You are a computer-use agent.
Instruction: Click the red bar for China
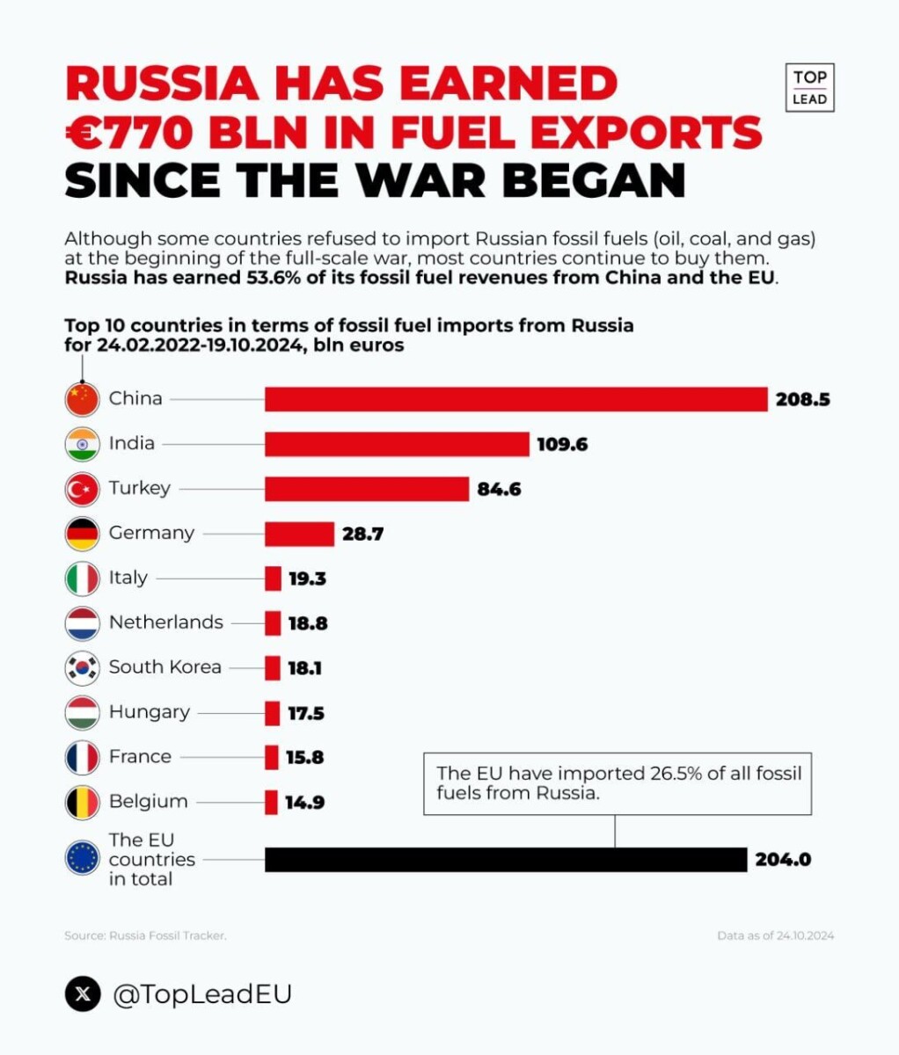coord(516,399)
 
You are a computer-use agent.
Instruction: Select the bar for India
coord(397,444)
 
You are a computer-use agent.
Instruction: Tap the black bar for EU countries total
coord(506,860)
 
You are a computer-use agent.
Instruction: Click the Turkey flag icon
coord(82,489)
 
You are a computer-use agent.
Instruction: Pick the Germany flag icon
coord(82,534)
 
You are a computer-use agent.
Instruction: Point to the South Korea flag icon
coord(82,668)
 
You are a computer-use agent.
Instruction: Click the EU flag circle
coord(82,858)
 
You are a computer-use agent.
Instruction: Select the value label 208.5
coord(802,400)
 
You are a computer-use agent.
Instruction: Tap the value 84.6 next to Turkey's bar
coord(499,490)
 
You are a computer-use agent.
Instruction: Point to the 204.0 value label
coord(783,861)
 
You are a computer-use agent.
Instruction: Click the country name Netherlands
coord(165,622)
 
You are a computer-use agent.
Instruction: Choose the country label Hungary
coord(149,712)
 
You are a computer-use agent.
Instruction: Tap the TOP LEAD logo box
coord(809,88)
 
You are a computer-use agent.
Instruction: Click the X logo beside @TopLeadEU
coord(83,994)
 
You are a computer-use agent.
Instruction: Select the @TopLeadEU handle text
coord(202,994)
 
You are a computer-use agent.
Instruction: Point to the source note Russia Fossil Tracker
coord(145,936)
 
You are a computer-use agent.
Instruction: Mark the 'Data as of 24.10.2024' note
coord(775,936)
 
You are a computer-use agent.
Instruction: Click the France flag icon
coord(82,758)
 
